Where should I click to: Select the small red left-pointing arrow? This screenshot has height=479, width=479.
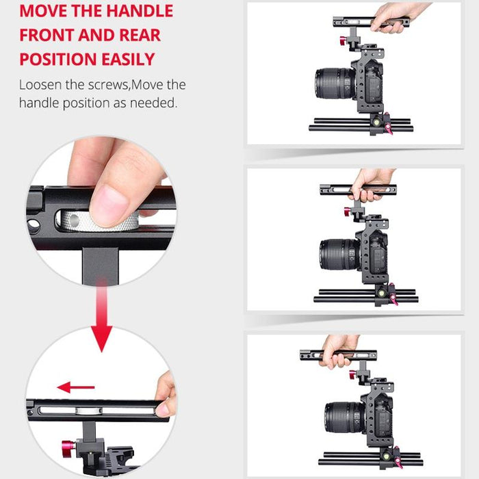(x=75, y=387)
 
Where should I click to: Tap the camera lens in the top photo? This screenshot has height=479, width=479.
(x=333, y=84)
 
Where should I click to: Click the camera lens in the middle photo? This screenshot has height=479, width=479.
(x=337, y=255)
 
